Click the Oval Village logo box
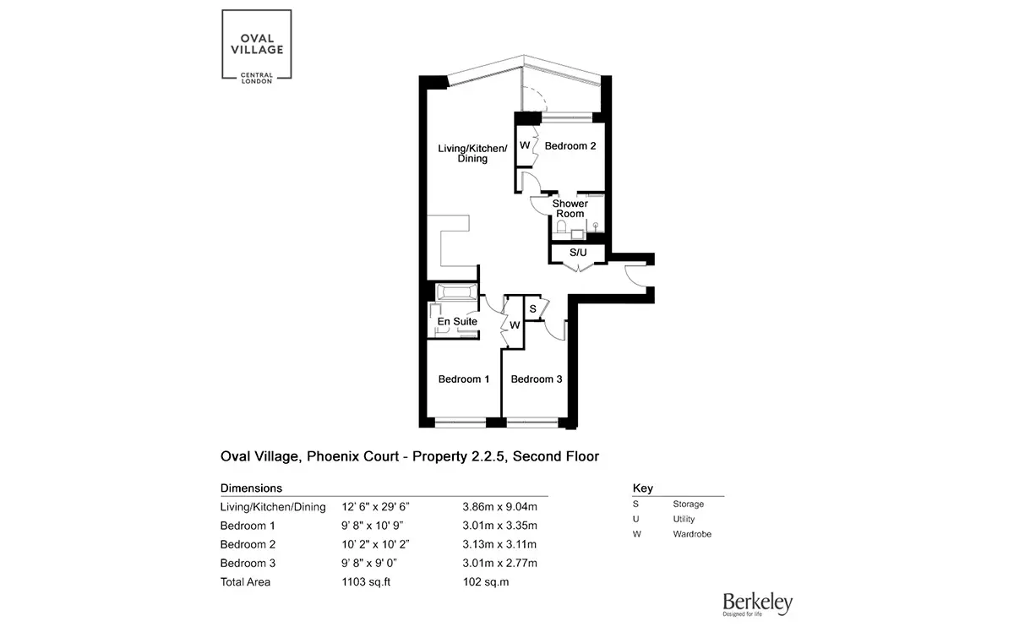coord(257,46)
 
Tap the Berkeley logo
coord(757,604)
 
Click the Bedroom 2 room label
coord(570,146)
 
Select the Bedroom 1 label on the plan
coord(464,379)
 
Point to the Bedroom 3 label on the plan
coord(537,379)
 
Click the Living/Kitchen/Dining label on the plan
coord(472,153)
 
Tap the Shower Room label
coord(570,209)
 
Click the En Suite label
coord(457,321)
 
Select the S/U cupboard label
coord(578,253)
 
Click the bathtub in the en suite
coord(456,292)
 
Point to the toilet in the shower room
coord(561,226)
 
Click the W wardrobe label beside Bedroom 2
coord(525,145)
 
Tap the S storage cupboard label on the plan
coord(533,308)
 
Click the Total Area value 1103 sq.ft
coord(366,581)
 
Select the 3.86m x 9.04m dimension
coord(499,506)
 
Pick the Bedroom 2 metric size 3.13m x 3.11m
coord(499,544)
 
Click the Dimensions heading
coord(251,488)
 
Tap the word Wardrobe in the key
coord(692,534)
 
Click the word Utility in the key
coord(684,519)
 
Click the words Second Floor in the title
coord(556,456)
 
